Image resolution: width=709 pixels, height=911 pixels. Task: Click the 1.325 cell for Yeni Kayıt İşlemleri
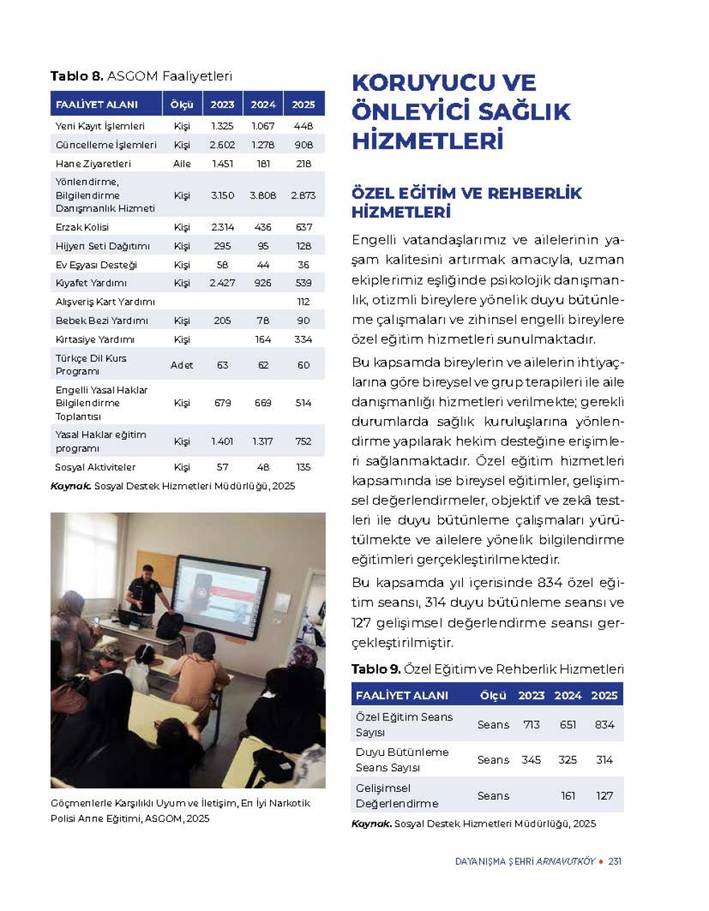[222, 126]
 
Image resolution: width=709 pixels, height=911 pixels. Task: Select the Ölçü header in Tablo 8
[182, 104]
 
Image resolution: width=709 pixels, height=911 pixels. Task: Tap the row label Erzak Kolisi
[82, 227]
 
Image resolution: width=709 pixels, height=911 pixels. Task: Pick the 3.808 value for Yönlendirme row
[262, 195]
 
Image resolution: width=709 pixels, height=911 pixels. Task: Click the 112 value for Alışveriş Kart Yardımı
[303, 301]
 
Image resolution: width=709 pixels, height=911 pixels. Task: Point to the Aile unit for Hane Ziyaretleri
[182, 163]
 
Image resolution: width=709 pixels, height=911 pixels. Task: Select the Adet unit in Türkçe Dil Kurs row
[182, 365]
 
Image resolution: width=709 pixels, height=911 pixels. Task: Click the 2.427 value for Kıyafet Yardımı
[222, 283]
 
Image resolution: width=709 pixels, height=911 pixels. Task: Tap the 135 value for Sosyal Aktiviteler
[303, 467]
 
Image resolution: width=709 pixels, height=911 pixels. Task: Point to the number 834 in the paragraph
[550, 583]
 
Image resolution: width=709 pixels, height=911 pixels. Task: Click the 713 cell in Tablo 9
[531, 725]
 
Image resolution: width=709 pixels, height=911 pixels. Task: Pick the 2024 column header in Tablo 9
[567, 695]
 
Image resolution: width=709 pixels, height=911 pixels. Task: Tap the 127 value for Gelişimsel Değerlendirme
[604, 795]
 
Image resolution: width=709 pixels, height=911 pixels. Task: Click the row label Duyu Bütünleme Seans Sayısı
[401, 760]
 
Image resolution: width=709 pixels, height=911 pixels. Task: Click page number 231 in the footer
[615, 861]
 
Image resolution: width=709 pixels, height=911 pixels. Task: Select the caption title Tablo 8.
[77, 76]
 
